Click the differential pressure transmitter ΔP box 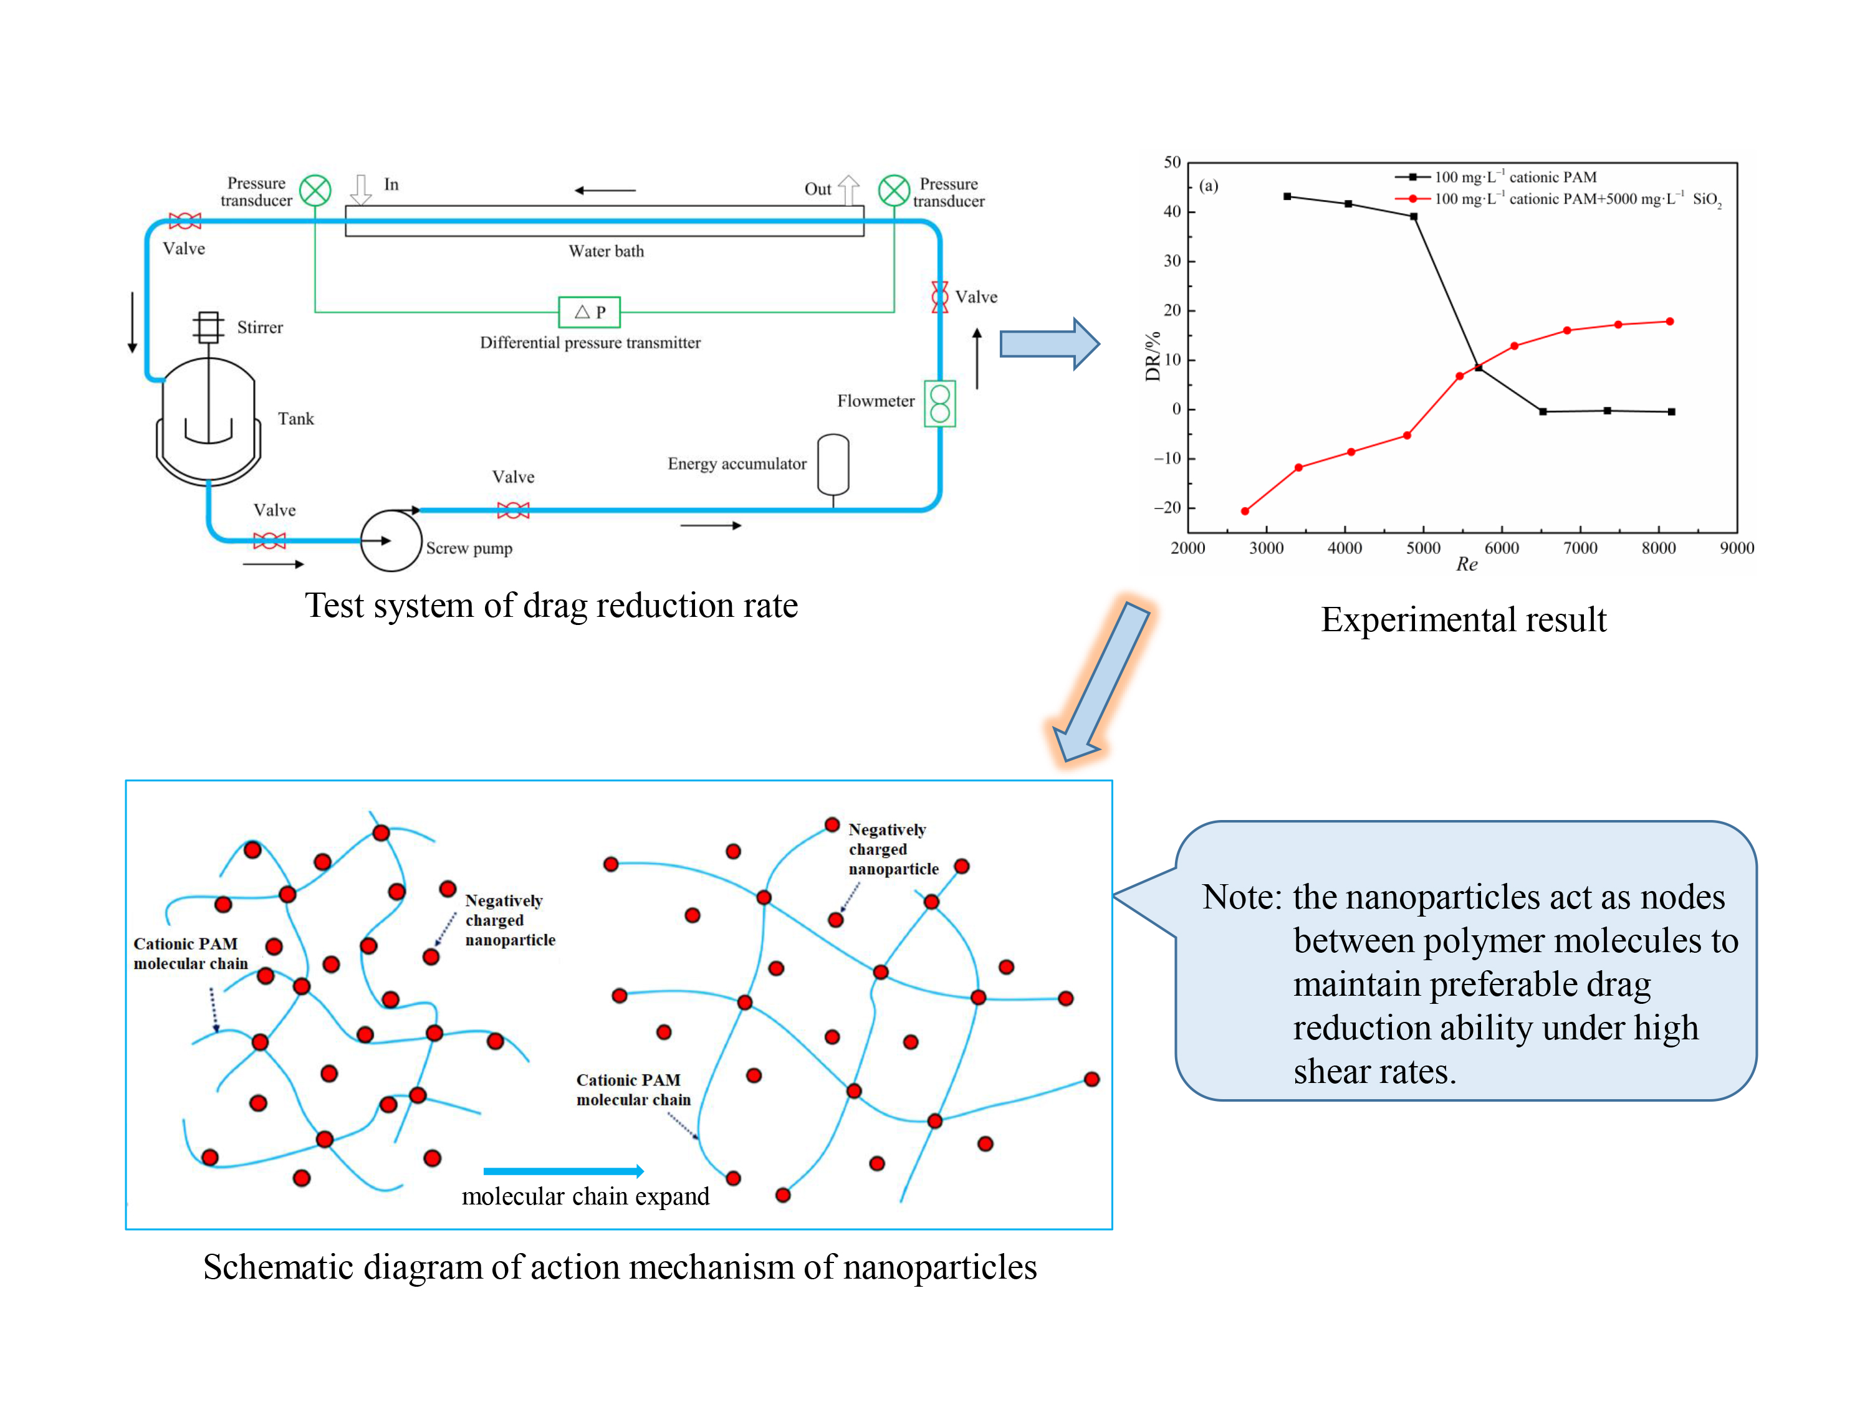coord(589,312)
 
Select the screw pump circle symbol coord(391,540)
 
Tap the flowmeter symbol coord(939,404)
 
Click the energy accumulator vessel coord(833,464)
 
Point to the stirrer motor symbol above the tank coord(208,327)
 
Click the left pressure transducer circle coord(315,190)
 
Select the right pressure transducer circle coord(894,190)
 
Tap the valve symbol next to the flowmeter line coord(939,297)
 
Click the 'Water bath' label coord(606,251)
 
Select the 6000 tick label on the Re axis coord(1502,548)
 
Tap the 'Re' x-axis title coord(1466,565)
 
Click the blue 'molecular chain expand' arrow coord(563,1170)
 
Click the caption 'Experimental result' coord(1464,619)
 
